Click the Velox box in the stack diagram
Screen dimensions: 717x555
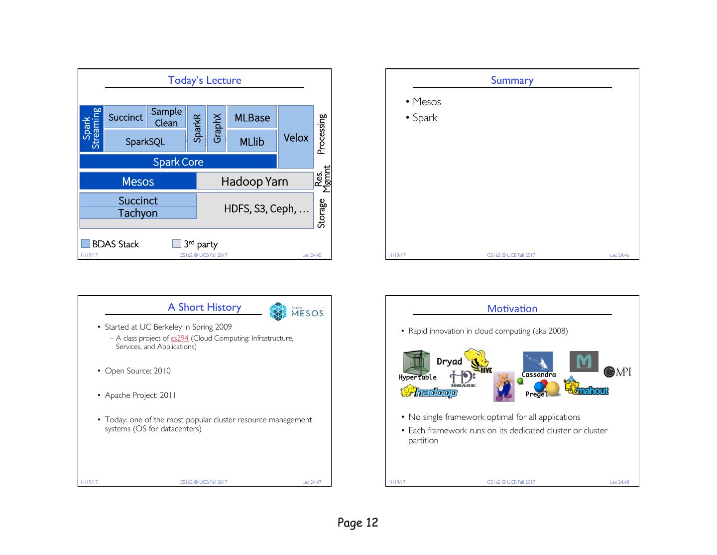click(296, 137)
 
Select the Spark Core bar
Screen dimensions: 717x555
click(178, 162)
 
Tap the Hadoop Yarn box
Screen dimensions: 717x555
click(255, 181)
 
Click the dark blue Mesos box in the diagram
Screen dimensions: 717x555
click(138, 181)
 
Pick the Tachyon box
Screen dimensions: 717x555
click(138, 213)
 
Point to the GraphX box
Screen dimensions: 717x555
click(217, 129)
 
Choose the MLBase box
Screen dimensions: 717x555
click(252, 117)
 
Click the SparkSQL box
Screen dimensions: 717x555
click(145, 141)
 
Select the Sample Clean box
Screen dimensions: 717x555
click(166, 117)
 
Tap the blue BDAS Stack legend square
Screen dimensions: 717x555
click(86, 243)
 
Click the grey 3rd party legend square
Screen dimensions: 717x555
click(177, 243)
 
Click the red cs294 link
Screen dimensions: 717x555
click(179, 338)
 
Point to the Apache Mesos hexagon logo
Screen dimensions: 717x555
click(278, 311)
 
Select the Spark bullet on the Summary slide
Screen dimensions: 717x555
click(425, 118)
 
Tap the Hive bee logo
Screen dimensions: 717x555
click(478, 361)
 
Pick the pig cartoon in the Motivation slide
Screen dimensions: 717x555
click(504, 386)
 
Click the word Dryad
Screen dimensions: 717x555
click(449, 362)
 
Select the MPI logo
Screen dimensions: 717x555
click(617, 372)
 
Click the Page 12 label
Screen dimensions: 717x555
click(358, 522)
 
